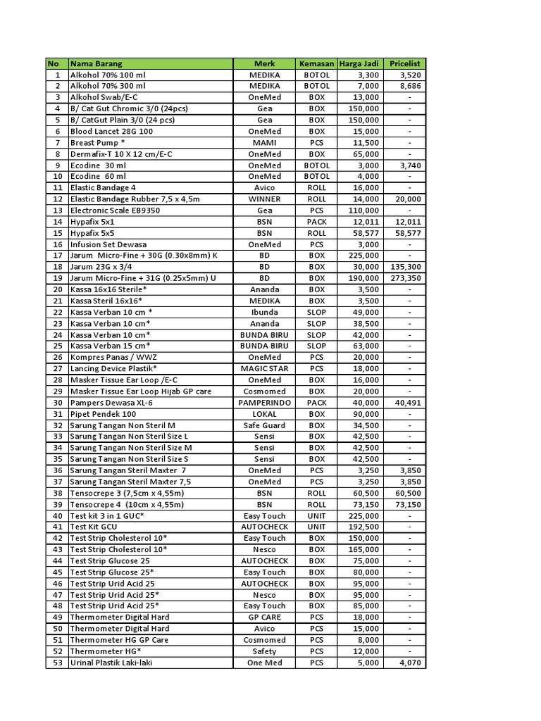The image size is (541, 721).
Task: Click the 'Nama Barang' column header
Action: tap(96, 63)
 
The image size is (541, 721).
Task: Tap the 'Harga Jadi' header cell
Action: tap(359, 63)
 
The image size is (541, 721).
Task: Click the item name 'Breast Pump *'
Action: tap(98, 142)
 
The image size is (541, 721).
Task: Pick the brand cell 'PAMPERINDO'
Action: tap(264, 403)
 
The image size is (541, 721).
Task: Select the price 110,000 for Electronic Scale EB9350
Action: tap(364, 211)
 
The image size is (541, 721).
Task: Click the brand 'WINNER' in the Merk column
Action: tap(264, 199)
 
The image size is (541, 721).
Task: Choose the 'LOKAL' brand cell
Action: tap(264, 414)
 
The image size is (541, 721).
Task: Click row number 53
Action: tap(57, 663)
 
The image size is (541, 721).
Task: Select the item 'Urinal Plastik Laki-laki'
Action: tap(111, 663)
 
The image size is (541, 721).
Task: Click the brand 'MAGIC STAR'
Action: tap(264, 368)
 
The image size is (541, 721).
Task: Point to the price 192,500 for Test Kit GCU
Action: tap(364, 527)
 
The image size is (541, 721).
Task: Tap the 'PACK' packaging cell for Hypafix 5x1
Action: tap(317, 222)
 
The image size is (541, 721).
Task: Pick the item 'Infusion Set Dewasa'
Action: tap(108, 244)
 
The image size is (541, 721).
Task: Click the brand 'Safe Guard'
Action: tap(264, 425)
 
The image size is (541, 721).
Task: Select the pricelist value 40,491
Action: tap(406, 403)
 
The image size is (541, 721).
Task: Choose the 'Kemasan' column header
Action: tap(317, 63)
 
